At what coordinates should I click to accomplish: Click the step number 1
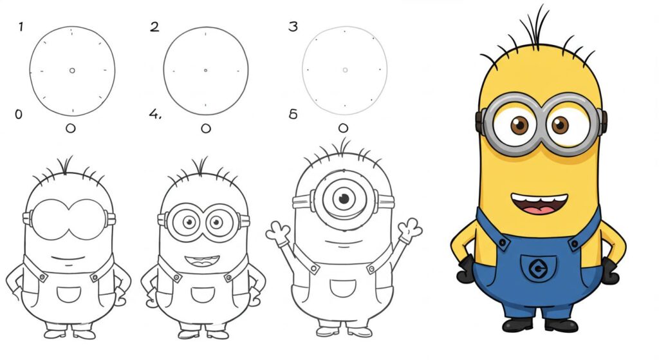[x=21, y=27]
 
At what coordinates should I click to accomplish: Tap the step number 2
[x=154, y=27]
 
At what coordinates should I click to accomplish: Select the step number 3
[x=293, y=27]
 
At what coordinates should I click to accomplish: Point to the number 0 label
[x=18, y=115]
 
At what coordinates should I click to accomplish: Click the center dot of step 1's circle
[x=72, y=70]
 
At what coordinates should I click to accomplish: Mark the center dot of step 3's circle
[x=345, y=70]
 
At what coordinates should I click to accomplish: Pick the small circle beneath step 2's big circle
[x=206, y=129]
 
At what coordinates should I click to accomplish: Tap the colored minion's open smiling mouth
[x=539, y=204]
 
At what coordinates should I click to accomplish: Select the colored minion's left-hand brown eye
[x=519, y=125]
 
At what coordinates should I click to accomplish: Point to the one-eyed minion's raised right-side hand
[x=409, y=229]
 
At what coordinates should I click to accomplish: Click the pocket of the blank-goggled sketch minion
[x=69, y=295]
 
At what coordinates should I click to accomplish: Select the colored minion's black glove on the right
[x=609, y=271]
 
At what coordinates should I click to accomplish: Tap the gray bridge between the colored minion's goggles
[x=540, y=121]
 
